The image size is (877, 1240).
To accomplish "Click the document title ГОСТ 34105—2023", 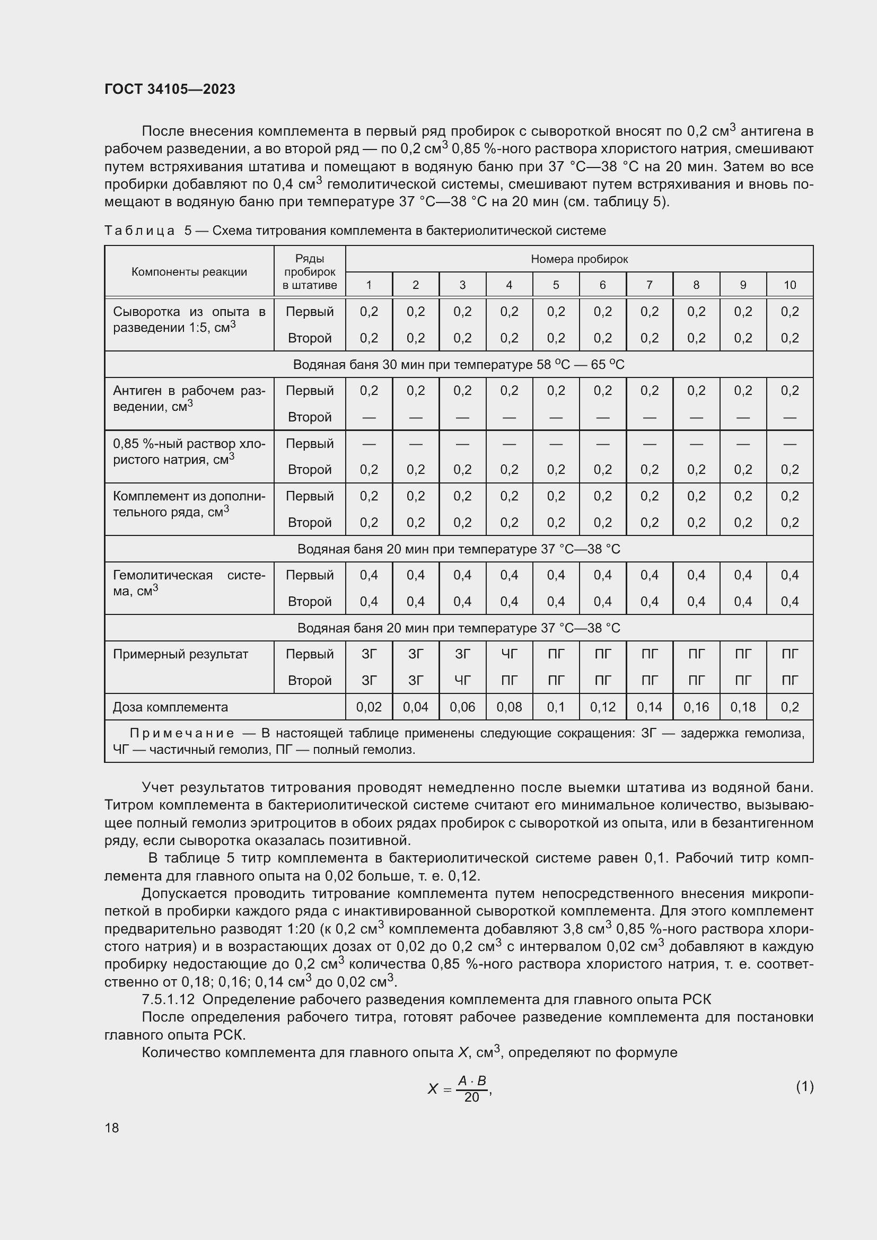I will tap(170, 89).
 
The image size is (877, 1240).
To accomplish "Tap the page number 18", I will tap(112, 1128).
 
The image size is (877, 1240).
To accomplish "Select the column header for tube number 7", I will tap(649, 285).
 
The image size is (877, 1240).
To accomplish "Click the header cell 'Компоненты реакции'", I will tap(189, 271).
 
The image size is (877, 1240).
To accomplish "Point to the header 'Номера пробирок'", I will tap(579, 259).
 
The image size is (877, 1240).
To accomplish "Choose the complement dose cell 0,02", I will tap(369, 707).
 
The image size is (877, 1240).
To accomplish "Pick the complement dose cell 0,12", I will tap(603, 707).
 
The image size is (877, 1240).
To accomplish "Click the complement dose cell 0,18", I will tap(742, 707).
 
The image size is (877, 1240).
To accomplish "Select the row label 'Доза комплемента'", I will tap(170, 707).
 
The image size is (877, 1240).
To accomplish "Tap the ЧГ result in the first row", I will tap(508, 654).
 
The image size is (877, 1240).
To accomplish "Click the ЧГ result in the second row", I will tap(462, 681).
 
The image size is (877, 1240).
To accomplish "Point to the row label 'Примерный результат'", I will tap(180, 654).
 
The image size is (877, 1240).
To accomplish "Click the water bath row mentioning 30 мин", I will tap(459, 365).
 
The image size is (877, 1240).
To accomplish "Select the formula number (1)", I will tap(804, 1086).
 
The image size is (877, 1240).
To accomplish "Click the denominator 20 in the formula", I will tap(471, 1097).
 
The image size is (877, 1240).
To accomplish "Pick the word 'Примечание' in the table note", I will tap(182, 733).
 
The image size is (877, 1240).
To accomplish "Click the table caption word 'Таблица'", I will tap(139, 231).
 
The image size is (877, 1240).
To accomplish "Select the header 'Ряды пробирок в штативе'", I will tap(310, 271).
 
